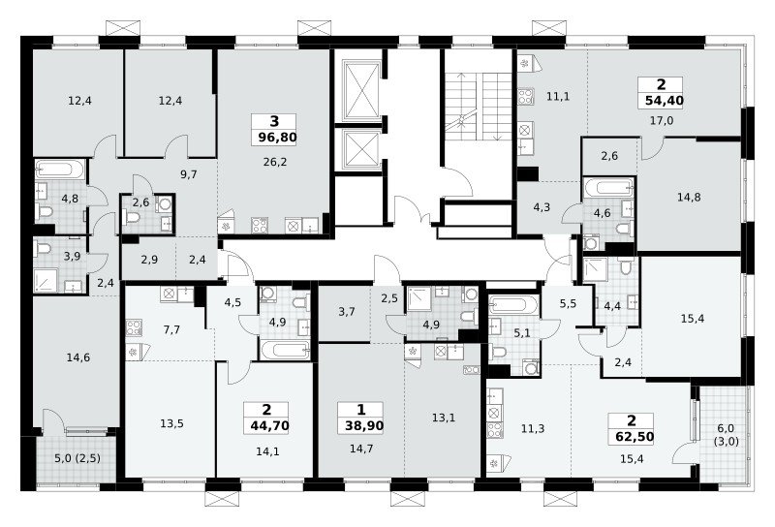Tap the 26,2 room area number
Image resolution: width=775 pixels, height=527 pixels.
(x=275, y=162)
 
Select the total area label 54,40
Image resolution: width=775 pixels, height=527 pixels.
(x=665, y=101)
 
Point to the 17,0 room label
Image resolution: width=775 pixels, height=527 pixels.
(x=662, y=120)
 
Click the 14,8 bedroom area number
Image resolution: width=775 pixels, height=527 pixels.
(x=689, y=198)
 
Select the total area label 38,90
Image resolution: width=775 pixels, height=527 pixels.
(x=364, y=425)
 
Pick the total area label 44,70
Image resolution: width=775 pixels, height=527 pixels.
(x=269, y=425)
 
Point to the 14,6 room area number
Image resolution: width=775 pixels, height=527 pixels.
(x=78, y=356)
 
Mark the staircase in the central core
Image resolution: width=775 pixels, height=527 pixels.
(x=478, y=107)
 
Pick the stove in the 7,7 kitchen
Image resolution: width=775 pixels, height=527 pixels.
(x=134, y=327)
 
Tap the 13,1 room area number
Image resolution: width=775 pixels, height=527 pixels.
(x=444, y=418)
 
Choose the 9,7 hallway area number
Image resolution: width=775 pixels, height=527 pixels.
(x=189, y=174)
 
